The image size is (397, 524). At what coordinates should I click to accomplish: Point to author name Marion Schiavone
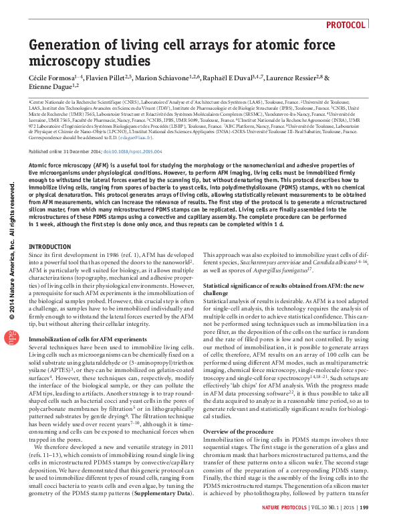coord(162,78)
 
